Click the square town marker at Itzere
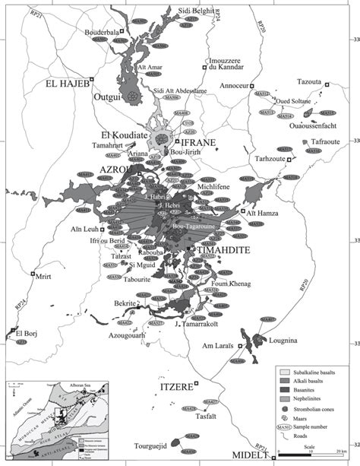196,382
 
